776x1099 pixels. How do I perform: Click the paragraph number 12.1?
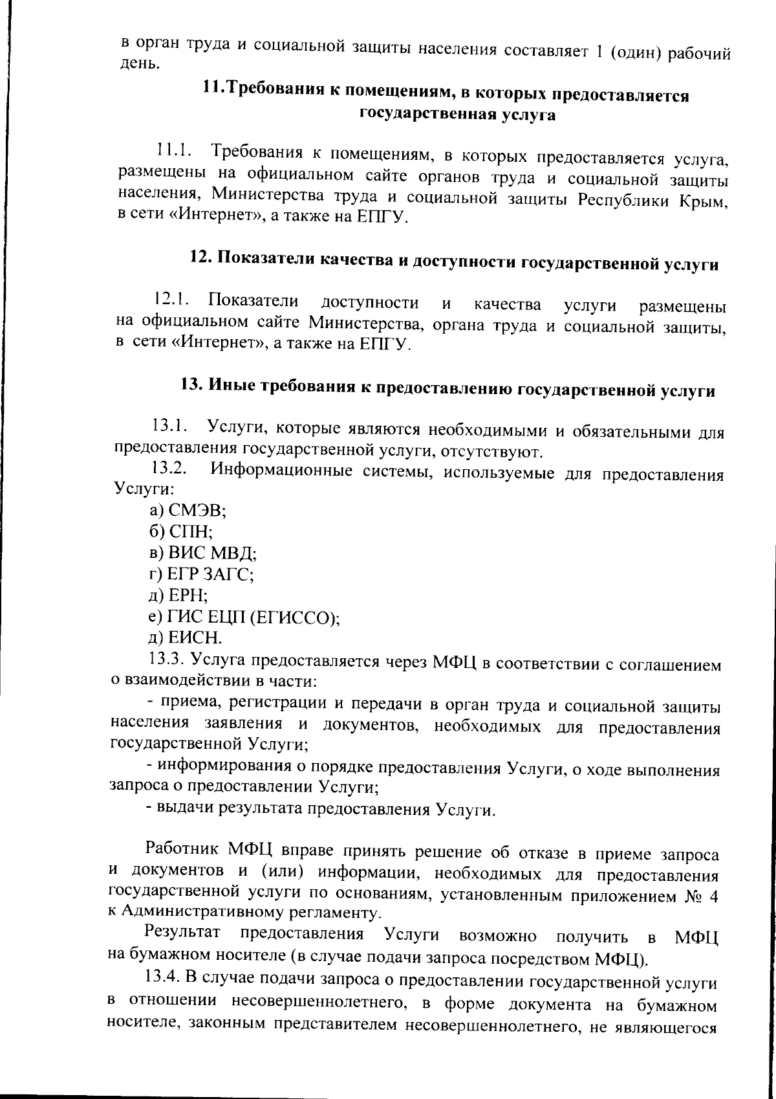coord(171,300)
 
